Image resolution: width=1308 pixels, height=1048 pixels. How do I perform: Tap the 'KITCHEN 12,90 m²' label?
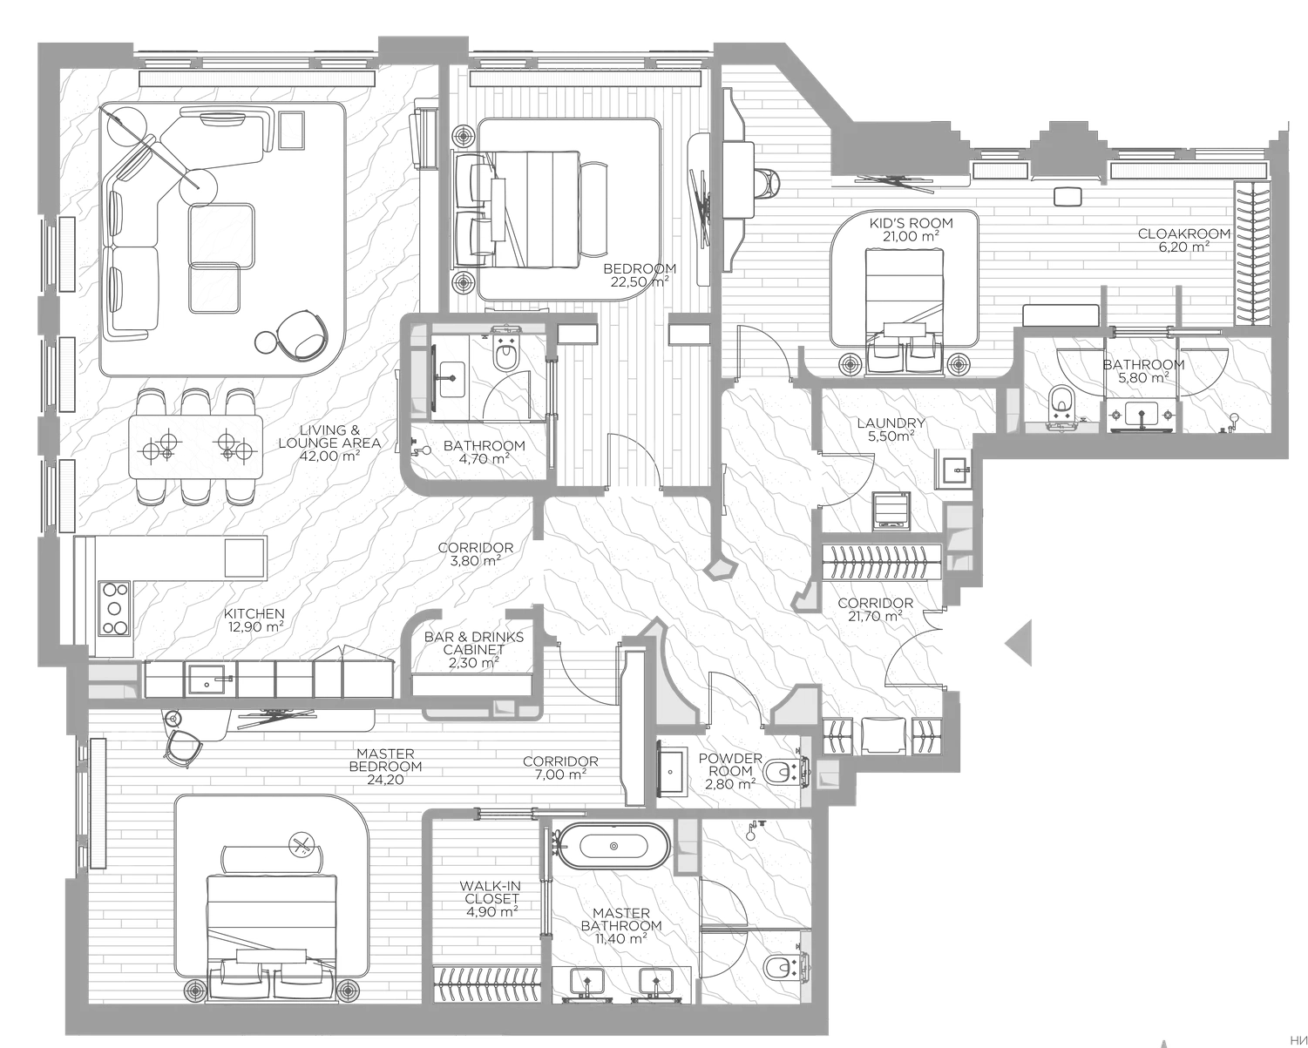tap(254, 619)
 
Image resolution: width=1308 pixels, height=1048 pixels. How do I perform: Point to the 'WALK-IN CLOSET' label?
tap(491, 898)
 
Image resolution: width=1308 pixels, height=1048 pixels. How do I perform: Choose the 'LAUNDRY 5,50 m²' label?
tap(891, 429)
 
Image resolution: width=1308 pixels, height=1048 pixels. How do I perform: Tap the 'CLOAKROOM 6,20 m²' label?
tap(1184, 240)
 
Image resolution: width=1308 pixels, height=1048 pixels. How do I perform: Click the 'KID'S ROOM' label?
tap(912, 229)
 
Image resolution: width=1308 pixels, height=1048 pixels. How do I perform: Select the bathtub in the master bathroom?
tap(614, 845)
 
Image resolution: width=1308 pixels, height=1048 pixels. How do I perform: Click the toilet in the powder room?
tap(782, 772)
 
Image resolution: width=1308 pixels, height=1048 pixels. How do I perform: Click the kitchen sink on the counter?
tap(205, 679)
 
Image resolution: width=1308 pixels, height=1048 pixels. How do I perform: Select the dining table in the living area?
tap(196, 446)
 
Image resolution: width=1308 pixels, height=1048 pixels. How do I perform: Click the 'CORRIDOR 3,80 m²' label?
tap(476, 554)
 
